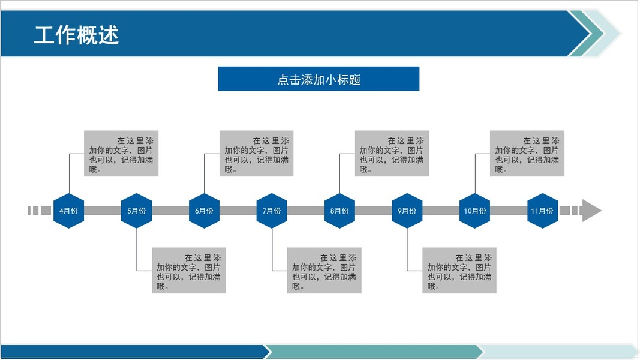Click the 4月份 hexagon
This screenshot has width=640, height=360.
pos(68,211)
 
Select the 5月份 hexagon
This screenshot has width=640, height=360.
pos(136,211)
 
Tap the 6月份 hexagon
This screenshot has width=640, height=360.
pos(204,211)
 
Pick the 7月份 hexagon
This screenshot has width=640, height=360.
pos(272,211)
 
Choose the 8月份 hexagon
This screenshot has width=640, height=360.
pos(339,211)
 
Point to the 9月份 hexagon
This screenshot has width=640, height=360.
pos(407,211)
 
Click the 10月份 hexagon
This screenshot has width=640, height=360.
pos(474,211)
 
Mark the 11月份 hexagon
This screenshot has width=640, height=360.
pos(542,211)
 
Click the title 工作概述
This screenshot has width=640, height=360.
pos(76,35)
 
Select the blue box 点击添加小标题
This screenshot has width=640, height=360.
pos(319,79)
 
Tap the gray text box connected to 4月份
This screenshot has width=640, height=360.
pos(121,154)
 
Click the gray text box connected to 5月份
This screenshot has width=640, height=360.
pos(189,271)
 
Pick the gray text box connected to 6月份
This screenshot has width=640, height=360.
pos(257,154)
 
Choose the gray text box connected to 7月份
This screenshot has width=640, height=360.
pos(324,271)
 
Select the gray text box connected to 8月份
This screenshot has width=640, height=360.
pos(392,154)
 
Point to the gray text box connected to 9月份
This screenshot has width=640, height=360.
pos(459,271)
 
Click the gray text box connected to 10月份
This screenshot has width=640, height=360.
pos(527,154)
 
